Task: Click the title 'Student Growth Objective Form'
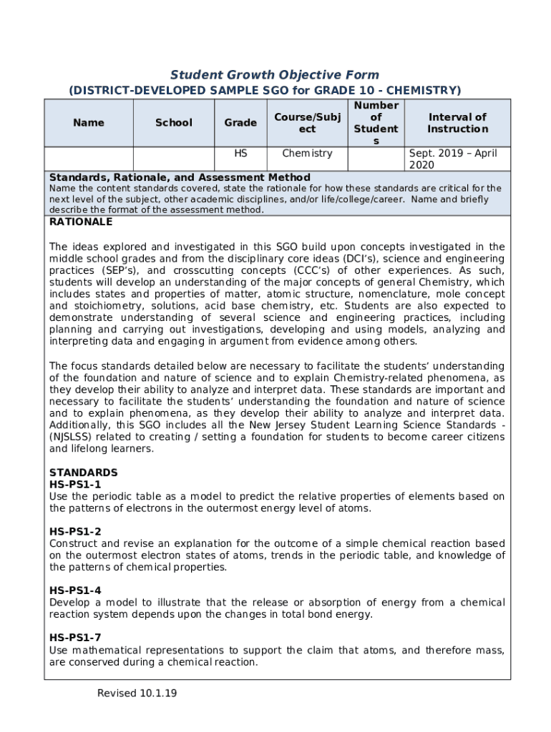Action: coord(275,75)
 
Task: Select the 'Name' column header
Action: coord(89,123)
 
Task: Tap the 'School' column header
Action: coord(174,123)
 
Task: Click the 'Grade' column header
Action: coord(240,123)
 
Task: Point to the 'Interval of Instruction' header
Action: coord(457,123)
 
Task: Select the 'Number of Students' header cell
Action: coord(376,123)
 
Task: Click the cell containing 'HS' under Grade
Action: coord(240,154)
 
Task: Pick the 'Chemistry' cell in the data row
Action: coord(307,154)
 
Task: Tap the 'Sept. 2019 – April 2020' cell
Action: coord(457,159)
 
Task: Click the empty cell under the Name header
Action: coord(89,159)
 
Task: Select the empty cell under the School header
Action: coord(174,159)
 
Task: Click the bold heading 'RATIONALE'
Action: coord(81,222)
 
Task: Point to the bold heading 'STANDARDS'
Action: coord(83,473)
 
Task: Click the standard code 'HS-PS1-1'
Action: coord(75,485)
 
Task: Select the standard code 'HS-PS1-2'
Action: coord(75,531)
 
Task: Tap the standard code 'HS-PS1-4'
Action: coord(75,590)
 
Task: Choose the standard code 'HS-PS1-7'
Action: coord(75,638)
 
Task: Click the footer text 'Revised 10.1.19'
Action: coord(137,693)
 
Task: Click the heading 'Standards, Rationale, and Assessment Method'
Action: coord(180,177)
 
